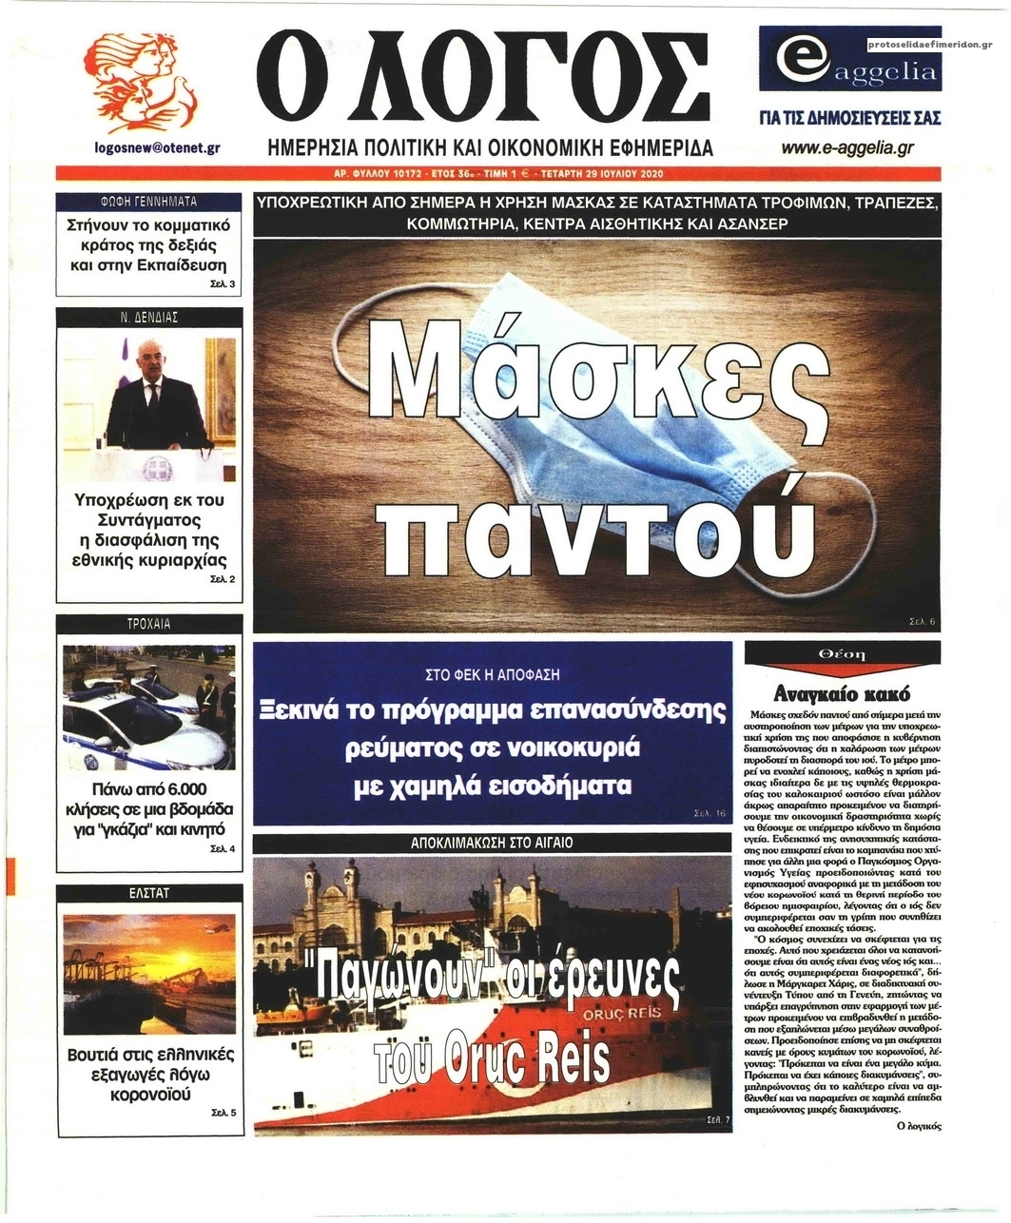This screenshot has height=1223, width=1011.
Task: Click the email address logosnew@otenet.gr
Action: coord(158,147)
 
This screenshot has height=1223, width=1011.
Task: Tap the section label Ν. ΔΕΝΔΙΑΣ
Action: coord(149,317)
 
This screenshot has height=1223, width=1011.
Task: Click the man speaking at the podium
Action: coord(158,404)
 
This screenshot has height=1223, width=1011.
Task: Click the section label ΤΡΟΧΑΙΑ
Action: coord(149,624)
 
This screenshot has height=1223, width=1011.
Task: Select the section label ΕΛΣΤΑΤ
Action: coord(149,893)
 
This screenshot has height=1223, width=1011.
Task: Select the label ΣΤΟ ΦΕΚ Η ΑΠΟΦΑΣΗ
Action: coord(492,674)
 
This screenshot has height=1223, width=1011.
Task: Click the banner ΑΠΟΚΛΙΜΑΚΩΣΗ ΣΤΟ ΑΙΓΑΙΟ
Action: coord(492,843)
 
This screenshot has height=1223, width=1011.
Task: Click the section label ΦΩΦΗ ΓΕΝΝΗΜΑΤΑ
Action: coord(149,202)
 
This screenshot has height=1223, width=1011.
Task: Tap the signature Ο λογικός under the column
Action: coord(918,1125)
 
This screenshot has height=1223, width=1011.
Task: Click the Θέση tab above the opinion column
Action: coord(842,654)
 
